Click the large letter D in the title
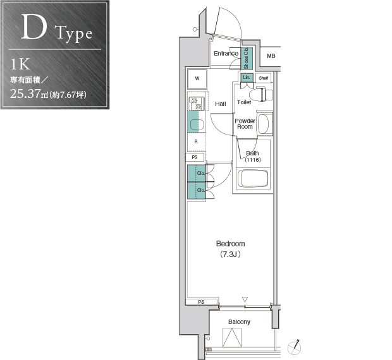click(x=34, y=27)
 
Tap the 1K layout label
click(x=20, y=64)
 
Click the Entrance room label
click(x=226, y=54)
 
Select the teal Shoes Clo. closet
click(x=247, y=58)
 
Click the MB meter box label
click(x=271, y=56)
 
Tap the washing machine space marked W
click(x=197, y=79)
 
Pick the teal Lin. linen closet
click(x=247, y=78)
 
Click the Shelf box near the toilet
click(x=264, y=78)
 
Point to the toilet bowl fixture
click(x=261, y=94)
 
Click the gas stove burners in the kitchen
click(x=196, y=104)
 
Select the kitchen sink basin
click(x=197, y=124)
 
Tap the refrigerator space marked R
click(x=196, y=142)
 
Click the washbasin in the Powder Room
click(x=263, y=124)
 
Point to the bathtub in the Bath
click(x=254, y=178)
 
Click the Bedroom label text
click(x=231, y=244)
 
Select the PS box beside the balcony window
click(x=202, y=302)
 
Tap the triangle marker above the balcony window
click(x=245, y=299)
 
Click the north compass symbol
click(x=295, y=347)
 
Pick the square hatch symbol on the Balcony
click(x=232, y=337)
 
